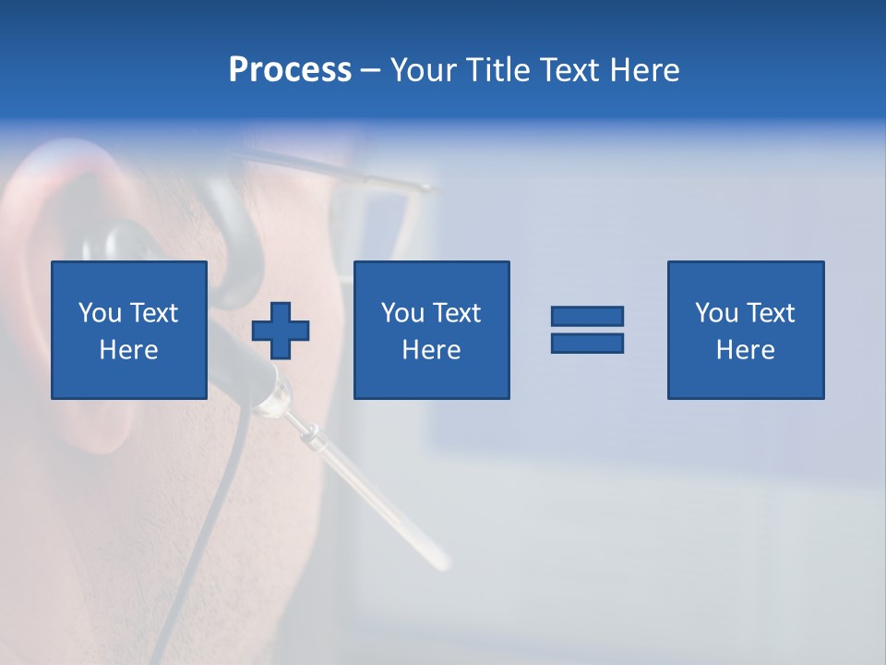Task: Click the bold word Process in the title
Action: pos(290,70)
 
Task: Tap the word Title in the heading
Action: pos(497,70)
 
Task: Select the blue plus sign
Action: pos(281,331)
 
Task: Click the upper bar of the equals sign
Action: pos(587,316)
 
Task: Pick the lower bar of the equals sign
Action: pos(587,343)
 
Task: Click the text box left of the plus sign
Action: pos(128,330)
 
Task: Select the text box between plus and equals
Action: pos(431,330)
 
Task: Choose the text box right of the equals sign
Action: pos(745,330)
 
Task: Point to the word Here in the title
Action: pos(644,70)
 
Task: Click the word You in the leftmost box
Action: pos(100,313)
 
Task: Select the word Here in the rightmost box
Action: pos(745,350)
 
